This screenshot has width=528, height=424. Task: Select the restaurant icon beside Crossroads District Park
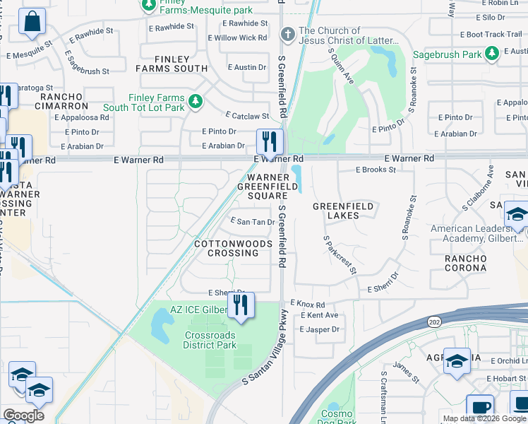[x=241, y=306]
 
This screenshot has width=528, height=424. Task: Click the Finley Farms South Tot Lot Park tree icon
[x=195, y=102]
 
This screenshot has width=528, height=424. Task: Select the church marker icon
[x=287, y=34]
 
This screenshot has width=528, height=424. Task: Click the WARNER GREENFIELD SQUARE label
[x=262, y=187]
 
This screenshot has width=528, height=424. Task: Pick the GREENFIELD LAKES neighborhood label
[x=343, y=211]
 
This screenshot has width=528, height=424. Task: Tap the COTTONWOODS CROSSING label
[x=227, y=249]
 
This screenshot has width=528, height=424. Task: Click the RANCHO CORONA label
[x=465, y=264]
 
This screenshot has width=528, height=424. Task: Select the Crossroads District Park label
[x=210, y=341]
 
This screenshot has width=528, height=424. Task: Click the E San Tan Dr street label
[x=253, y=222]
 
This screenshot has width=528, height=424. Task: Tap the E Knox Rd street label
[x=307, y=303]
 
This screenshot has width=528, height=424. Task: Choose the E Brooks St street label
[x=376, y=170]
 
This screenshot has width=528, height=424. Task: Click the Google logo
[x=24, y=416]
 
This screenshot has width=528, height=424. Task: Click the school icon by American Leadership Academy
[x=517, y=215]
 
